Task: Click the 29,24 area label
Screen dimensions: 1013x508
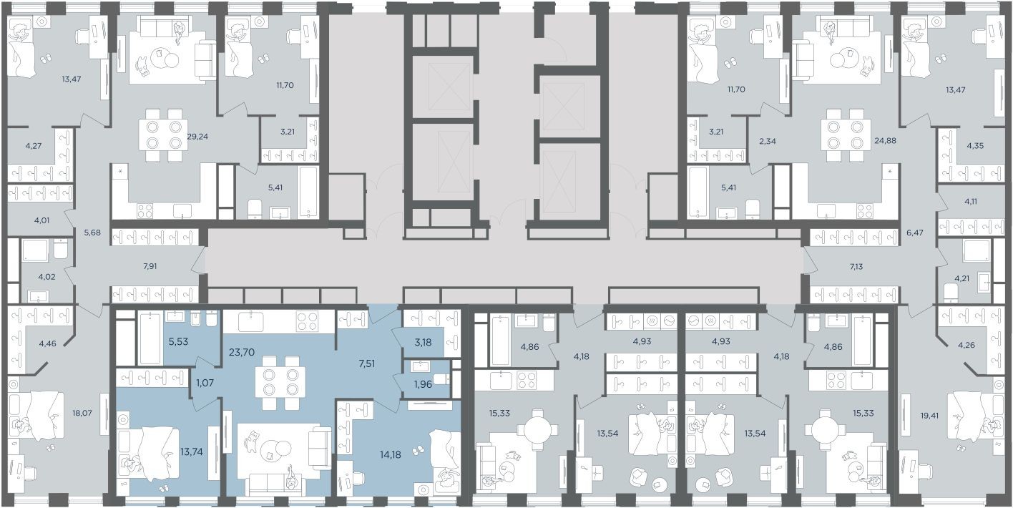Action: (x=197, y=136)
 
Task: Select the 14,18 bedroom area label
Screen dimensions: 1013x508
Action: (x=390, y=454)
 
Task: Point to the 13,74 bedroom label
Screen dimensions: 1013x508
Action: (x=191, y=451)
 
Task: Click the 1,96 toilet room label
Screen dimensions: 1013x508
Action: (x=424, y=384)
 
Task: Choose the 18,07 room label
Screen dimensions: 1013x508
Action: (x=82, y=413)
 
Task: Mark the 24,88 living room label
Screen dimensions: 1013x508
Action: (x=885, y=141)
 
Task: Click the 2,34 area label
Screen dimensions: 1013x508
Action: (x=768, y=141)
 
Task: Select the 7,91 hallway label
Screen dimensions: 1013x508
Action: (x=150, y=266)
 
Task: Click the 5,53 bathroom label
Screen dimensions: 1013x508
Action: (x=178, y=341)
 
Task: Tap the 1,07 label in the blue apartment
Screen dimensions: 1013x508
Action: (x=205, y=383)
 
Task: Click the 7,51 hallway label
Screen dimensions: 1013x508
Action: (x=366, y=363)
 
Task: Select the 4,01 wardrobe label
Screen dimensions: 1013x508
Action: (x=41, y=221)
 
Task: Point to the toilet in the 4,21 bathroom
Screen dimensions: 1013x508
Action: (x=951, y=293)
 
